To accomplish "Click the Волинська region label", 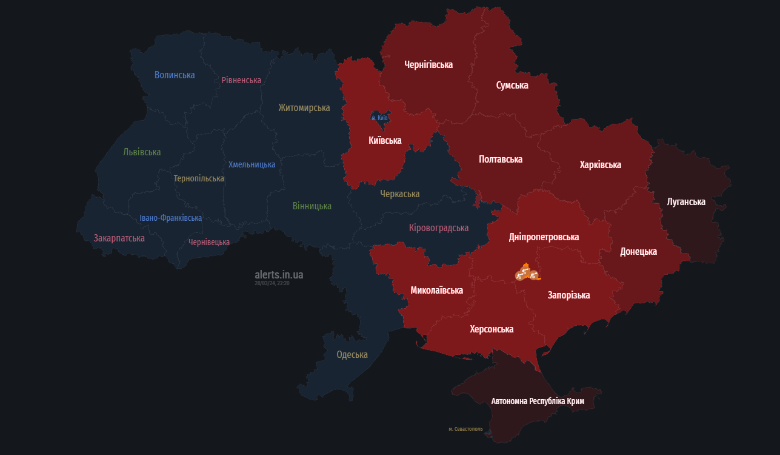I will pos(175,75).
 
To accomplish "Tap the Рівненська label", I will pos(241,80).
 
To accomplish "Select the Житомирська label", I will pos(304,107).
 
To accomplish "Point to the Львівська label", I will pos(142,152).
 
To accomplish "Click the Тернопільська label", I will pos(199,178).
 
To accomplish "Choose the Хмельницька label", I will pos(252,164).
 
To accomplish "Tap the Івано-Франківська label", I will pos(171,218).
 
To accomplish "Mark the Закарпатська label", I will pos(119,238).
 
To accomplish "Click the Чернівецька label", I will pos(209,242).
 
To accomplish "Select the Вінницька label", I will pos(312,206).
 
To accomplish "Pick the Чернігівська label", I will pos(428,64).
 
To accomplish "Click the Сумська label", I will pos(512,85).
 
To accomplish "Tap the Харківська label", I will pos(600,164).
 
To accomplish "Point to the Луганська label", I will pos(686,201).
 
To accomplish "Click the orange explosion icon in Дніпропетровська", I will pos(527,272).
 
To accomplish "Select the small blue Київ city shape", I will pos(379,117).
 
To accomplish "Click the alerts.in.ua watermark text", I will pos(279,275).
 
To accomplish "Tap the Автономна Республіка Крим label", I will pos(538,401).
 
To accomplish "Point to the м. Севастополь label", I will pos(465,429).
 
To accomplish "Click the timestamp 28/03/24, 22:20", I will pos(272,283).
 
